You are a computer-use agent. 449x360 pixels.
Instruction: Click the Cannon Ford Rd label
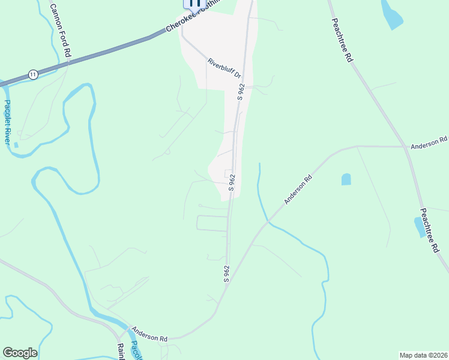coord(60,29)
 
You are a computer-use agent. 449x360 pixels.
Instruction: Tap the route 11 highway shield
coord(33,74)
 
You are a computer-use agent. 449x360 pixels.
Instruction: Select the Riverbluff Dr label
coord(224,68)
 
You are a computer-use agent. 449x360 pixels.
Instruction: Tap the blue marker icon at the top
coord(193,3)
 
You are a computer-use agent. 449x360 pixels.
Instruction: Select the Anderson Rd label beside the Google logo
coord(149,334)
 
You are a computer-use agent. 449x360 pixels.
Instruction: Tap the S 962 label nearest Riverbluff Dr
coord(241,92)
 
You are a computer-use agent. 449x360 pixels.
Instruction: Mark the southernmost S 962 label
coord(227,273)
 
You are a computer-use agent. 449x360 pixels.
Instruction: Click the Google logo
coord(20,353)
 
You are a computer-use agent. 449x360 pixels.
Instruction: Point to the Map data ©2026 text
coord(423,355)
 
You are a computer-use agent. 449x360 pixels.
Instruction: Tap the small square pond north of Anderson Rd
coord(346,179)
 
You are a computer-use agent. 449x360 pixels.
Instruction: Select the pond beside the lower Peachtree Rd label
coord(420,227)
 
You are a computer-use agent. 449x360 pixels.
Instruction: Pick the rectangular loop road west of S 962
coord(212,223)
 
